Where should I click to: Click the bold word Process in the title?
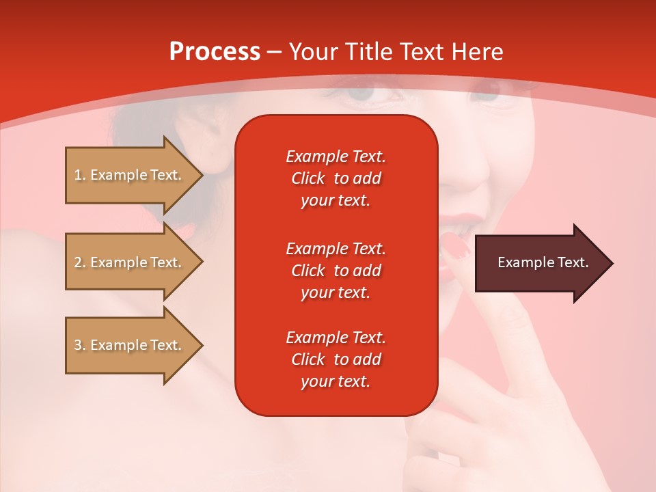[215, 52]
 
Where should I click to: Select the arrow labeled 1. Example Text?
[130, 175]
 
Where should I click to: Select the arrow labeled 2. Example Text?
[130, 262]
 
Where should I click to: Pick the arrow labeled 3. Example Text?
[130, 345]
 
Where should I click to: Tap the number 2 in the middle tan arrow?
[78, 262]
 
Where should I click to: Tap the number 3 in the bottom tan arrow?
[78, 345]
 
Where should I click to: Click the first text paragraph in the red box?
[336, 178]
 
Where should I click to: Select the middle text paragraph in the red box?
[336, 270]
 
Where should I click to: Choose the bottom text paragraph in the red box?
[336, 359]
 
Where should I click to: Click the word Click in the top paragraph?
[307, 178]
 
